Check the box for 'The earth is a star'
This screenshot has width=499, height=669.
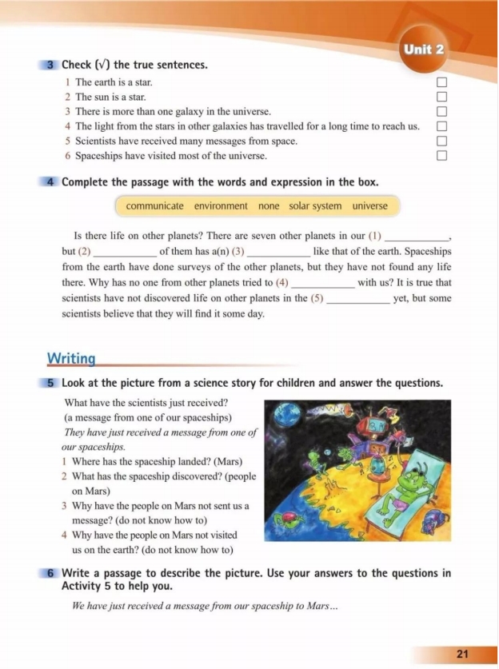coord(441,82)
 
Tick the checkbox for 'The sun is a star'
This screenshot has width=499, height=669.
coord(441,97)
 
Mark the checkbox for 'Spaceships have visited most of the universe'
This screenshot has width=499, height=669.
coord(441,155)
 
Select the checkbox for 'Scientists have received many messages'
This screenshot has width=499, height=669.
coord(441,141)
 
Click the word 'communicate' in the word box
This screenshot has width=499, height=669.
coord(154,206)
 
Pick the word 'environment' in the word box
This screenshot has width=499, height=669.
coord(221,206)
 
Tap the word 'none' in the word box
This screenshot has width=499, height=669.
coord(269,206)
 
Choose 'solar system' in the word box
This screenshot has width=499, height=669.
coord(315,206)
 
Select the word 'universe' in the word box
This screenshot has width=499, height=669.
coord(369,206)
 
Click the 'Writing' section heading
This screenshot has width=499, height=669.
coord(71,358)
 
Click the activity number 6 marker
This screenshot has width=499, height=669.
coord(50,573)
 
